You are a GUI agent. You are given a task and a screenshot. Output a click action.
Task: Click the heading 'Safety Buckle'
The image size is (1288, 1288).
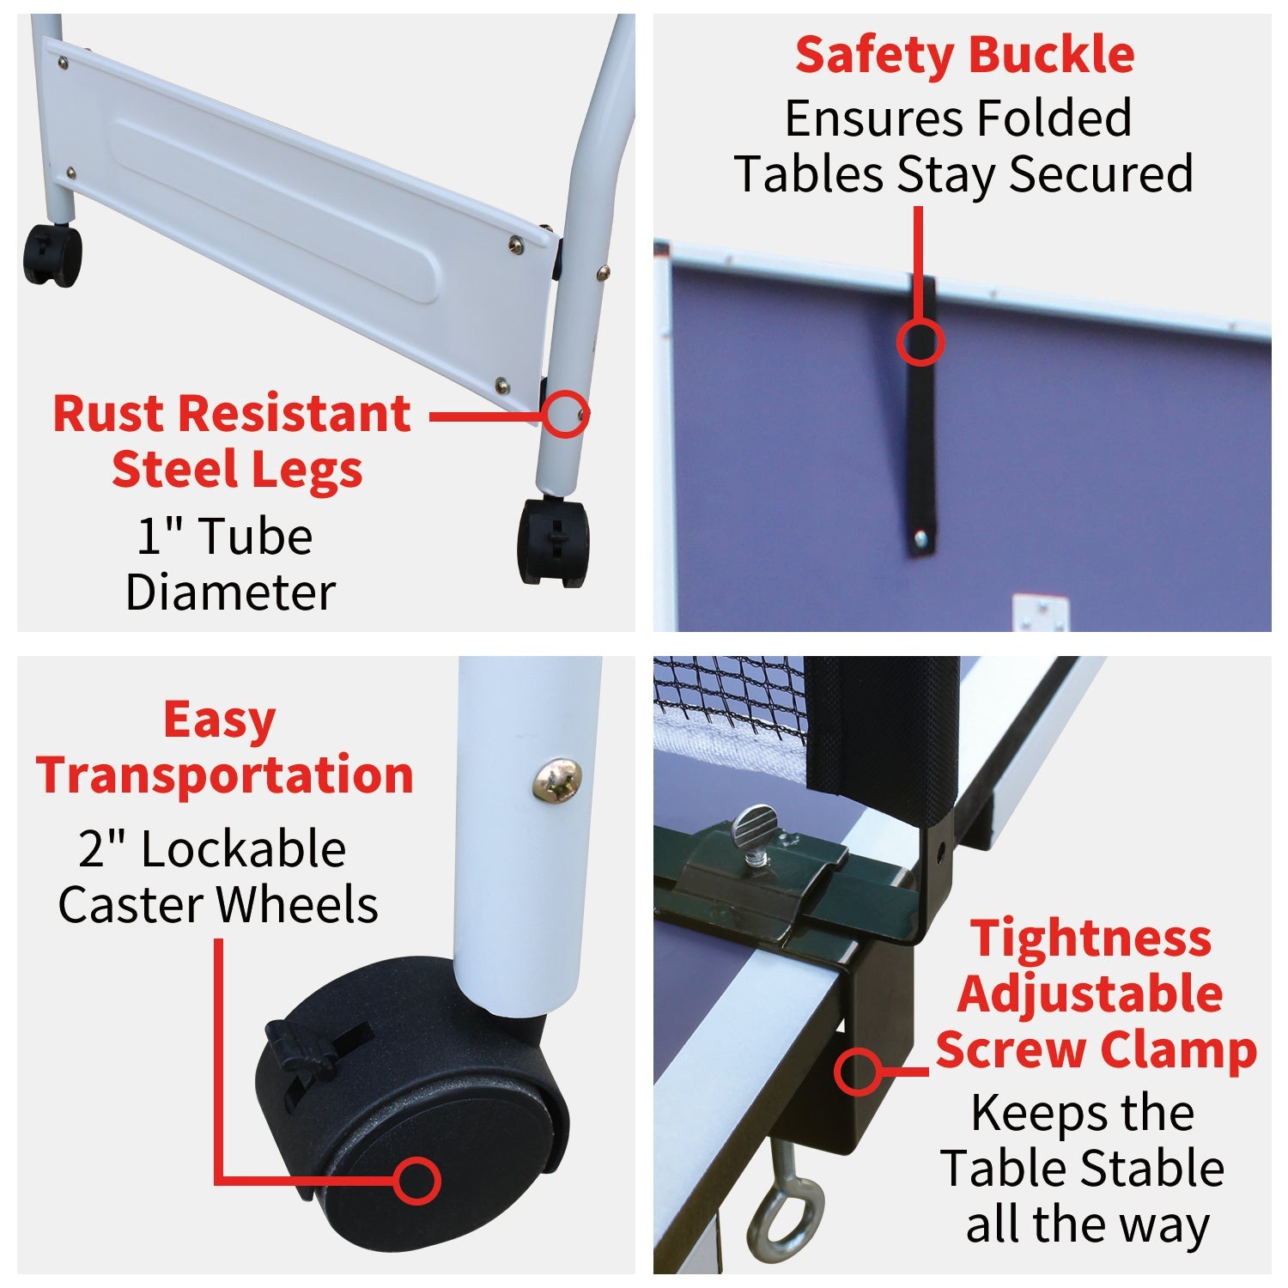tap(964, 56)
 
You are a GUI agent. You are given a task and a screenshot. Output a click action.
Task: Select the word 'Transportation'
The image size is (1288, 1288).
tap(225, 775)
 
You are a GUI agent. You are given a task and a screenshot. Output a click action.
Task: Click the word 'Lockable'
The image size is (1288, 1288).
tap(243, 850)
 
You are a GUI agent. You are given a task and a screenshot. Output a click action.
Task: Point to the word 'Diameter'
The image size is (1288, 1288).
tap(230, 592)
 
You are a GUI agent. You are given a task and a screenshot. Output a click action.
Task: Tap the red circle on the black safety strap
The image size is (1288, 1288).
tap(920, 341)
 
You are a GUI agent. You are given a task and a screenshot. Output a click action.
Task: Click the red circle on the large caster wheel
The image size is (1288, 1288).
tap(417, 1180)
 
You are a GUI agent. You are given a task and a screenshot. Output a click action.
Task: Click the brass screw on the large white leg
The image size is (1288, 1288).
tap(556, 780)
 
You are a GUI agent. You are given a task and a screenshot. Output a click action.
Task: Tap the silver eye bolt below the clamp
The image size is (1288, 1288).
tap(783, 1211)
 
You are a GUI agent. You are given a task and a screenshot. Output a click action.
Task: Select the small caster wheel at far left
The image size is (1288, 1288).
tap(52, 255)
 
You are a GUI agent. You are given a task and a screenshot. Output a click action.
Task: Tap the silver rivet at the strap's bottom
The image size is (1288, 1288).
tap(920, 539)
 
